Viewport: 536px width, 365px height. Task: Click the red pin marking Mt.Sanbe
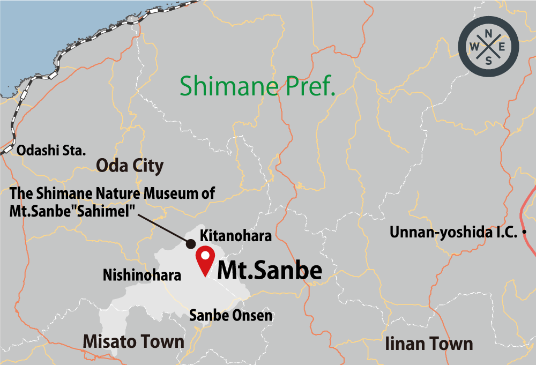pyautogui.click(x=205, y=258)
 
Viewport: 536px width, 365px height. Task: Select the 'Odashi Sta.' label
pyautogui.click(x=51, y=151)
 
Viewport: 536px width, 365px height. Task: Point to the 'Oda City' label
pyautogui.click(x=129, y=166)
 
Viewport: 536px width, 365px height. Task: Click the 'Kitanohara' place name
pyautogui.click(x=236, y=235)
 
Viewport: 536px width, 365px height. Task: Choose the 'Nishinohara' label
pyautogui.click(x=142, y=275)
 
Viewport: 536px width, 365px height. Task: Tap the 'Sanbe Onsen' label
pyautogui.click(x=230, y=316)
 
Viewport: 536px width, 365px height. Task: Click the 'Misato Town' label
pyautogui.click(x=133, y=341)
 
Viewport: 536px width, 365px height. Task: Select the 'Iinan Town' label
pyautogui.click(x=429, y=344)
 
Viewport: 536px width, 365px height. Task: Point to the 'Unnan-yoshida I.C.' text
pyautogui.click(x=453, y=233)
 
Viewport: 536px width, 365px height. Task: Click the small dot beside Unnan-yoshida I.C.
pyautogui.click(x=524, y=232)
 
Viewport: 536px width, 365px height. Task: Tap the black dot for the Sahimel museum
pyautogui.click(x=190, y=243)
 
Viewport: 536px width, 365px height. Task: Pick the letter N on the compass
pyautogui.click(x=488, y=34)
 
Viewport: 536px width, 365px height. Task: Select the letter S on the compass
pyautogui.click(x=488, y=61)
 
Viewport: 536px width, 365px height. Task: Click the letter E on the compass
pyautogui.click(x=502, y=48)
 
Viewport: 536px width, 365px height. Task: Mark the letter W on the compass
pyautogui.click(x=474, y=48)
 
